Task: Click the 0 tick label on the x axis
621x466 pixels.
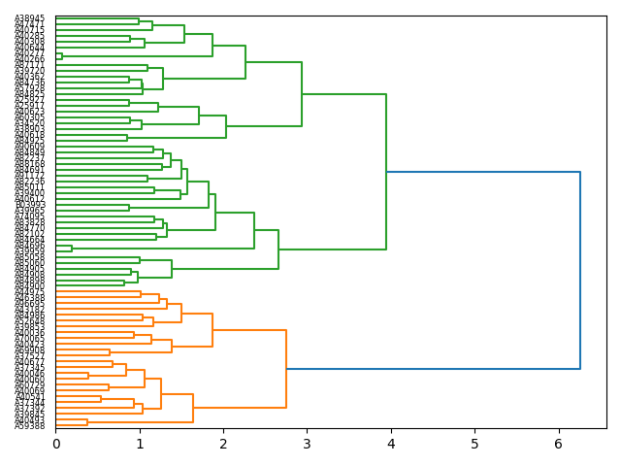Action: [x=55, y=444]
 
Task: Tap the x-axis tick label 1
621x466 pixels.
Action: [x=140, y=444]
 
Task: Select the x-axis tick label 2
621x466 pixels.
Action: [x=223, y=444]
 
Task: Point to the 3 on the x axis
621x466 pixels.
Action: [x=307, y=444]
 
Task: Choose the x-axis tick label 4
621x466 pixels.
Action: [x=391, y=444]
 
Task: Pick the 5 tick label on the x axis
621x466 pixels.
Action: [x=474, y=444]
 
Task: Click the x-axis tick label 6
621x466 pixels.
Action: [x=558, y=444]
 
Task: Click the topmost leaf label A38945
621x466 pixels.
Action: [x=29, y=18]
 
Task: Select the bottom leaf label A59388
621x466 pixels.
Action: [x=29, y=426]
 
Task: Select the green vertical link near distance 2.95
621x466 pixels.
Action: [x=302, y=94]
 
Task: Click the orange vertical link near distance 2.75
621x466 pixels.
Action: [x=286, y=369]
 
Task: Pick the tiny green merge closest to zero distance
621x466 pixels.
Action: [x=61, y=56]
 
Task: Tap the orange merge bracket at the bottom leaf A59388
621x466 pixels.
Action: [x=86, y=422]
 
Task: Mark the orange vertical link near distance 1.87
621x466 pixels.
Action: [x=212, y=330]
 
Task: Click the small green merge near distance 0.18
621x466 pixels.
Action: [x=71, y=249]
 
